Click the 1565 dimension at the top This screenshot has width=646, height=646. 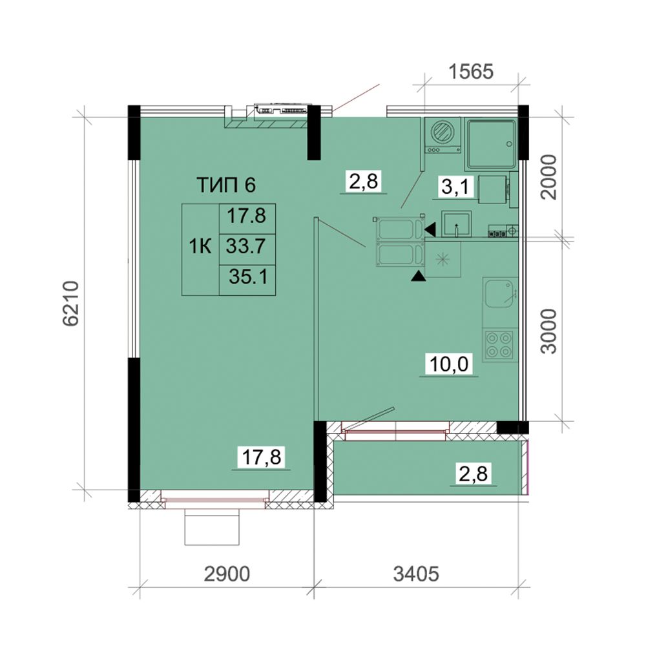[x=470, y=72]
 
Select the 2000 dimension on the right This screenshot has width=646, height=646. [x=549, y=177]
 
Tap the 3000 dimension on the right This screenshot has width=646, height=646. [x=549, y=331]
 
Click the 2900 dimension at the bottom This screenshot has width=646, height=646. [x=227, y=574]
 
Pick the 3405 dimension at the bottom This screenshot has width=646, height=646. [x=416, y=574]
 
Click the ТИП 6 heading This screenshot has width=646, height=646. [x=226, y=185]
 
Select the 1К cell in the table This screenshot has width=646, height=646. [x=200, y=247]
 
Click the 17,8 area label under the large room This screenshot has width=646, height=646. [x=262, y=457]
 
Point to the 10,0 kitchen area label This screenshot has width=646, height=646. [x=449, y=364]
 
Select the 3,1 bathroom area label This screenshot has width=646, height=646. [x=455, y=187]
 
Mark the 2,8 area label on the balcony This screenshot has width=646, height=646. [x=473, y=474]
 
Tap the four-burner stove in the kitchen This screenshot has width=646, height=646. [x=499, y=344]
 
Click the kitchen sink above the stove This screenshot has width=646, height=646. [x=499, y=293]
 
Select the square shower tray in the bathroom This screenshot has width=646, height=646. [x=491, y=144]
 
